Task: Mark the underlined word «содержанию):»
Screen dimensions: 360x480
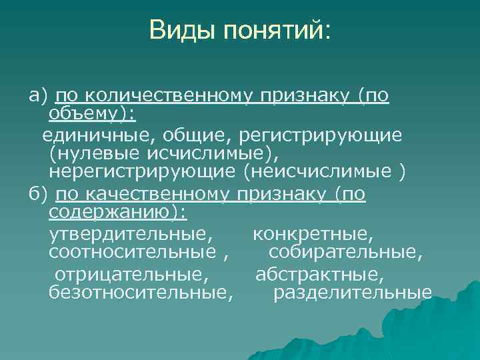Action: (118, 213)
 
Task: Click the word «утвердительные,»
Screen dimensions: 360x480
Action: (131, 234)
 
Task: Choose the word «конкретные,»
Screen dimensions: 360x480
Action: (313, 234)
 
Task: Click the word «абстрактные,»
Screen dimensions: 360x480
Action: (319, 273)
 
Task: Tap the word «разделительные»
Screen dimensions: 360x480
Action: (353, 293)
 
